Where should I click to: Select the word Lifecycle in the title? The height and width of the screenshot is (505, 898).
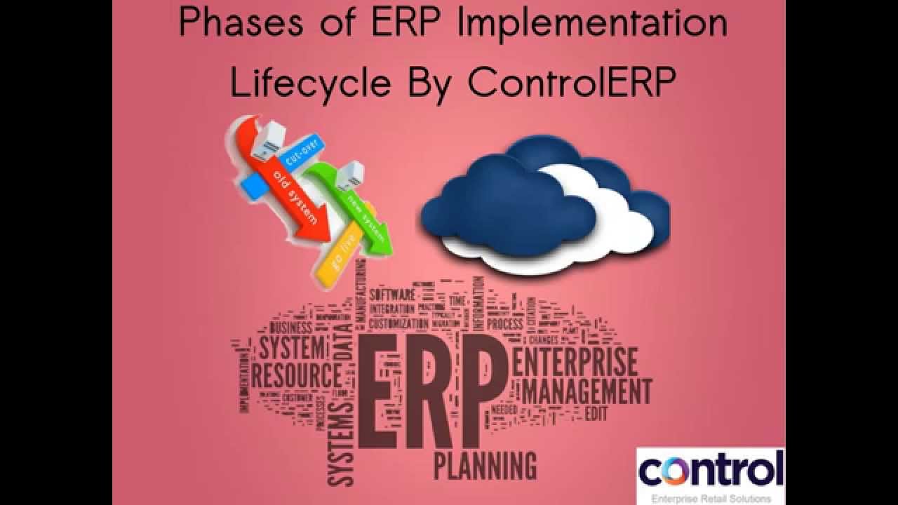[x=309, y=83]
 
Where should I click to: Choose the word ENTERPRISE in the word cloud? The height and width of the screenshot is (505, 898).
[x=575, y=360]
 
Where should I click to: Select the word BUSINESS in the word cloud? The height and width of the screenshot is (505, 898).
[x=290, y=328]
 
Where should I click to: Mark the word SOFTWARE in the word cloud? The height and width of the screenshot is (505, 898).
[x=392, y=294]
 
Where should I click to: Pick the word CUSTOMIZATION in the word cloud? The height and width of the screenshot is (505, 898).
[x=398, y=324]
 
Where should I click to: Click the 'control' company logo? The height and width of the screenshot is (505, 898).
[x=710, y=470]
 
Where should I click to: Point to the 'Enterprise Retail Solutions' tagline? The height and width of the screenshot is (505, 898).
[x=710, y=498]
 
